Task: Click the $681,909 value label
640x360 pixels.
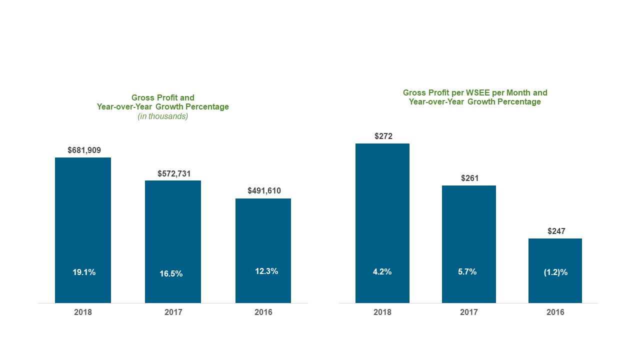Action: tap(84, 150)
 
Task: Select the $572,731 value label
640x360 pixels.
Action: tap(174, 173)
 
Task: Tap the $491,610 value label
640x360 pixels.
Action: tap(264, 191)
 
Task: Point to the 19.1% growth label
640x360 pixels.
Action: tap(84, 272)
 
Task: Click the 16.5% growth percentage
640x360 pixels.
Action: tap(171, 274)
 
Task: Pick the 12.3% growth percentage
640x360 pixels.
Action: tap(266, 271)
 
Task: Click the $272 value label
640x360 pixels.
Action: tap(383, 136)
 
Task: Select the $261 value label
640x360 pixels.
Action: tap(469, 178)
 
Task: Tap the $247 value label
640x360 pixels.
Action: tap(556, 231)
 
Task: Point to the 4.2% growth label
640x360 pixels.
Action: tap(382, 272)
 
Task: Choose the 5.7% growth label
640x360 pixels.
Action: tap(467, 272)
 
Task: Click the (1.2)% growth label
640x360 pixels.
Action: tap(555, 272)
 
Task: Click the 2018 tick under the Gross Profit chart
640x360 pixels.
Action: tap(83, 312)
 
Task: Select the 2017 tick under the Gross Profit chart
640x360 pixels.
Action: tap(173, 312)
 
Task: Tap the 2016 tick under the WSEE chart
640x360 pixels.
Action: tap(555, 312)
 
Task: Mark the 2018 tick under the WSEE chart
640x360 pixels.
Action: tap(382, 312)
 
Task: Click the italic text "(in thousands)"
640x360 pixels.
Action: tap(162, 116)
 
